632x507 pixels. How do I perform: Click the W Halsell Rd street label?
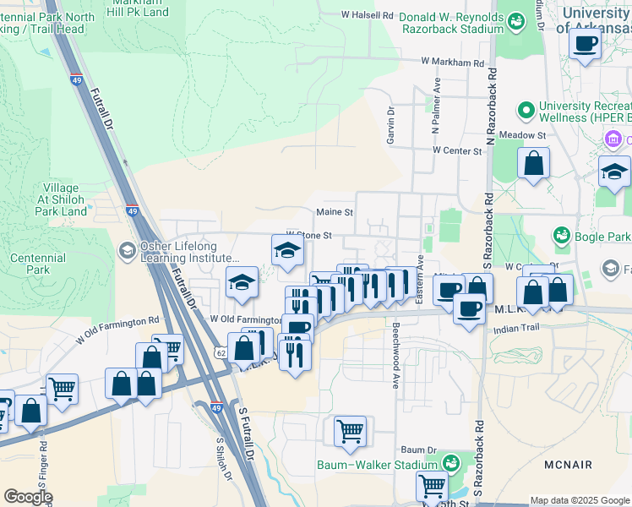click(368, 15)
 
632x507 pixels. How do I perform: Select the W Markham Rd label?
click(453, 63)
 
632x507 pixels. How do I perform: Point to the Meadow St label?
click(523, 135)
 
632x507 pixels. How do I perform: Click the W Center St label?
click(456, 150)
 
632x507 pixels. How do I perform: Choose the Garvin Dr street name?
click(391, 125)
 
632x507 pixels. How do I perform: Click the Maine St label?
click(334, 213)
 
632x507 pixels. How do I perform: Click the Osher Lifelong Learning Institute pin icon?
click(127, 250)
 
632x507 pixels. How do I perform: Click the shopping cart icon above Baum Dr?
click(350, 431)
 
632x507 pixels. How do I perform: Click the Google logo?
click(28, 497)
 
